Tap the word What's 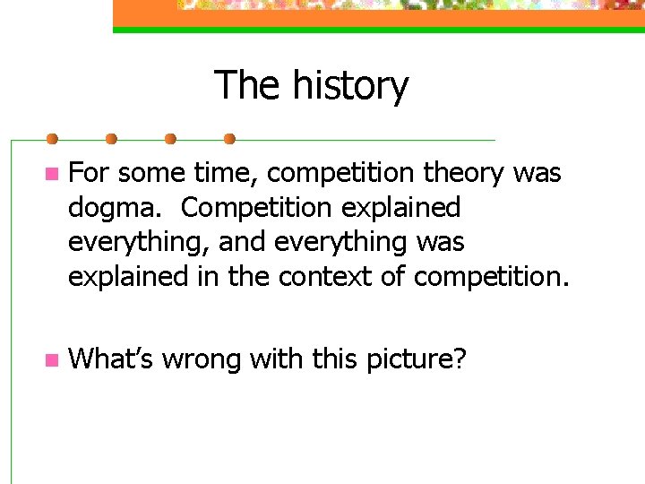click(110, 359)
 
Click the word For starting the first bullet click(89, 173)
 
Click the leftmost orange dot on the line click(53, 139)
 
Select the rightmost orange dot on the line click(229, 139)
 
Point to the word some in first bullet click(146, 173)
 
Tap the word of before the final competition click(392, 278)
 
